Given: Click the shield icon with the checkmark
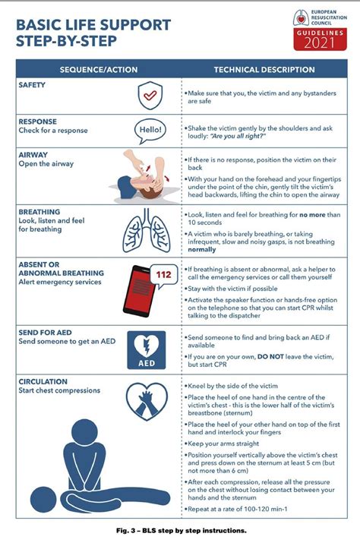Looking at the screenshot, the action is [x=148, y=96].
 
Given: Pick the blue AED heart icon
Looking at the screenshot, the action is [x=146, y=349].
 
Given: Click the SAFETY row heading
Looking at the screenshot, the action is [x=33, y=85].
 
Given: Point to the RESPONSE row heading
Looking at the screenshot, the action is [x=37, y=122].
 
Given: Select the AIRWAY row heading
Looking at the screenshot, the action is [x=33, y=154].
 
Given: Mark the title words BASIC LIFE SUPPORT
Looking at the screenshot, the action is [x=93, y=25].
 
